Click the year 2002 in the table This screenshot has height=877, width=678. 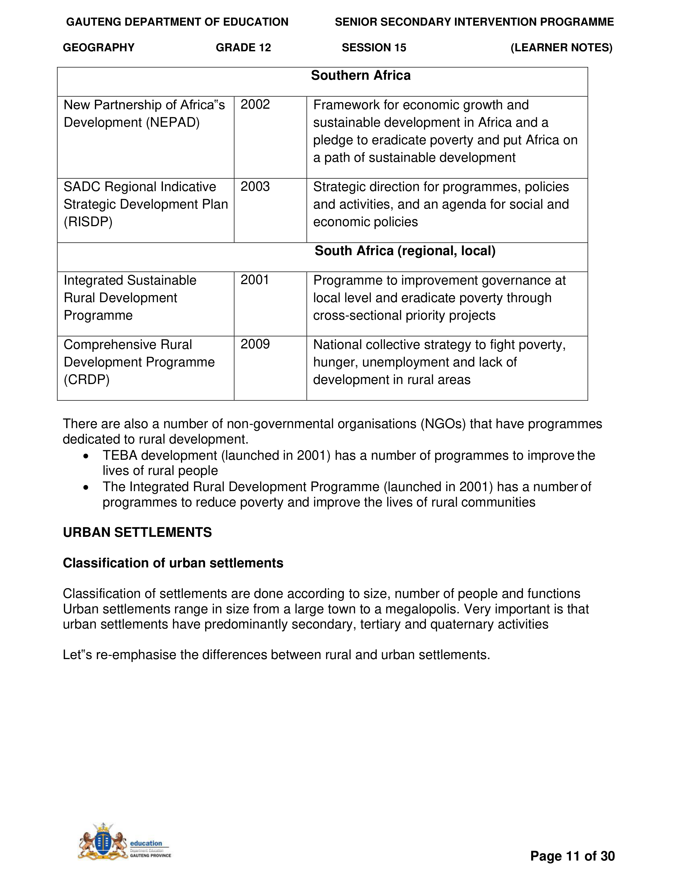(x=255, y=105)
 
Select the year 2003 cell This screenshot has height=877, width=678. (x=255, y=187)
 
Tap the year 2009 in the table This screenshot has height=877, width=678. (x=255, y=344)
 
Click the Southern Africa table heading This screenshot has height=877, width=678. (x=361, y=75)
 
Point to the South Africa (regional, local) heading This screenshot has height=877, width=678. (x=405, y=251)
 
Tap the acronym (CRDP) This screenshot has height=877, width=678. (x=86, y=380)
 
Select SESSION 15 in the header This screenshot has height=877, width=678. (x=374, y=48)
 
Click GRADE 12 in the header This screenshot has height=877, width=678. (x=243, y=48)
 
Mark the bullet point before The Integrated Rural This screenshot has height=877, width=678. (x=86, y=487)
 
